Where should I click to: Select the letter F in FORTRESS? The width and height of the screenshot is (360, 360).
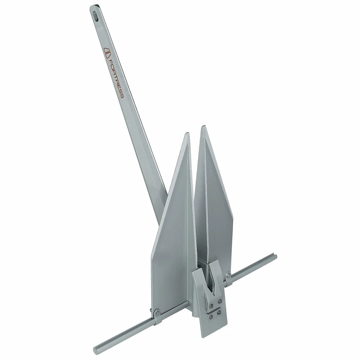point(110,62)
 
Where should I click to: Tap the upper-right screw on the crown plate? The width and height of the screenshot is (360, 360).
point(220,301)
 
